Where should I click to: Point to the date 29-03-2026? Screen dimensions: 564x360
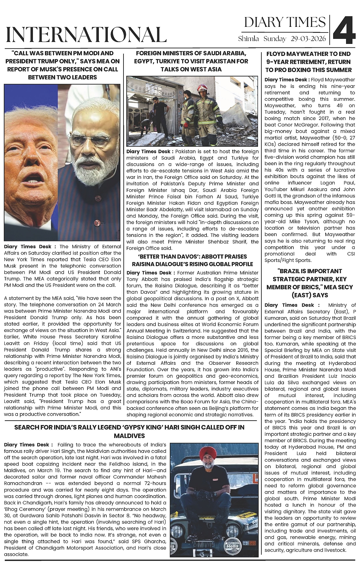coord(309,39)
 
